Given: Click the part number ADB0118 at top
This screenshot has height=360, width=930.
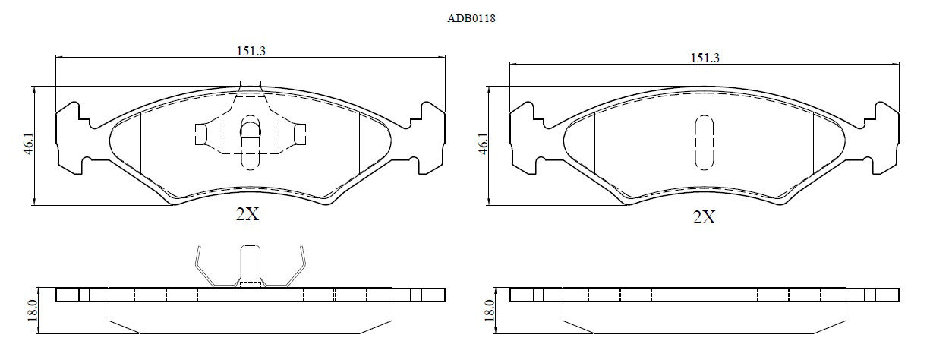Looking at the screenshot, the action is point(471,19).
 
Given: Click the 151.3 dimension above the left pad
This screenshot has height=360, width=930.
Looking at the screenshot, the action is point(251,51).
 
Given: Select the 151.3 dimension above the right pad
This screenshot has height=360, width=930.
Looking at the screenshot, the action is point(705,58).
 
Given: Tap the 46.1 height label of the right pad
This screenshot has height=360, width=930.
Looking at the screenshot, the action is point(482,144).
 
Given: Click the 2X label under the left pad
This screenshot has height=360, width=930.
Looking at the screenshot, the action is point(247,214).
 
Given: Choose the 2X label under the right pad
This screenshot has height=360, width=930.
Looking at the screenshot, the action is point(705,216).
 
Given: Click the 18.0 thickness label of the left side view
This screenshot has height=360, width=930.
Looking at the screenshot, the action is point(33,311).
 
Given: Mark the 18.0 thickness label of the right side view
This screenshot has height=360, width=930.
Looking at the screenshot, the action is point(490,311).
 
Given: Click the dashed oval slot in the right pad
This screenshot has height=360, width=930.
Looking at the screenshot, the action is point(705,143).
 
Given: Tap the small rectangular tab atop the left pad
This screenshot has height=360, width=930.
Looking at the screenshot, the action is point(251,84).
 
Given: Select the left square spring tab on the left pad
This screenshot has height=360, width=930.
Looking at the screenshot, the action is point(202,134).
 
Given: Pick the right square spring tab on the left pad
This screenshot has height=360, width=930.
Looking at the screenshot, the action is point(300,134).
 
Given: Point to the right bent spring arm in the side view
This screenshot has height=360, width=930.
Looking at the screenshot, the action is point(295,270).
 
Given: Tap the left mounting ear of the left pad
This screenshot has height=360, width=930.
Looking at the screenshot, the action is point(71,138).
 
